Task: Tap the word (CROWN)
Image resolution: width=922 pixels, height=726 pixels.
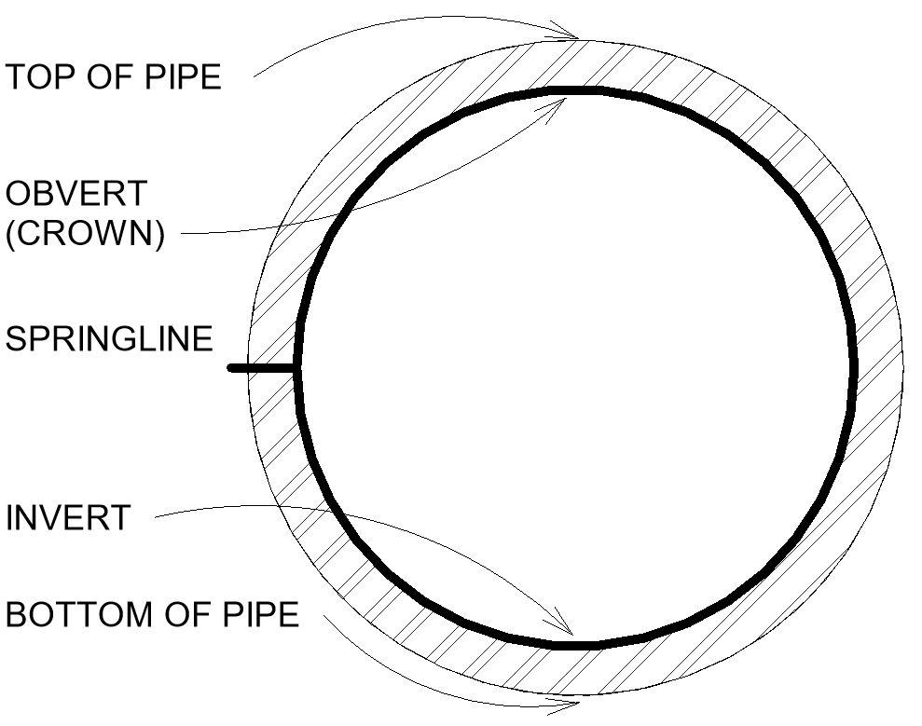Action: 85,233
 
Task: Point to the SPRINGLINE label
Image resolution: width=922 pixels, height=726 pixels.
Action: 109,338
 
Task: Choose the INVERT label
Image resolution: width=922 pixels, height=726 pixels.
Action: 67,517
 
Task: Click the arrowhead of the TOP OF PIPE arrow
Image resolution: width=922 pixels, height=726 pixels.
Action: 571,36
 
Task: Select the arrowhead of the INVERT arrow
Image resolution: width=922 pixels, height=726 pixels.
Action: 563,627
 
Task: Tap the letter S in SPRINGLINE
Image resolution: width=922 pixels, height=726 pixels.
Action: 16,338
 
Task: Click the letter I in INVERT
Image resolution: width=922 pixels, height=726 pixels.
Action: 10,517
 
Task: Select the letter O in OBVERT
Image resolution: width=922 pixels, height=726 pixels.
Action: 18,194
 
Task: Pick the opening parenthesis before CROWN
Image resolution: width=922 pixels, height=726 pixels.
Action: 10,233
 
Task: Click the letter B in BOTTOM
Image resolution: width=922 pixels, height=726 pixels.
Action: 16,615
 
